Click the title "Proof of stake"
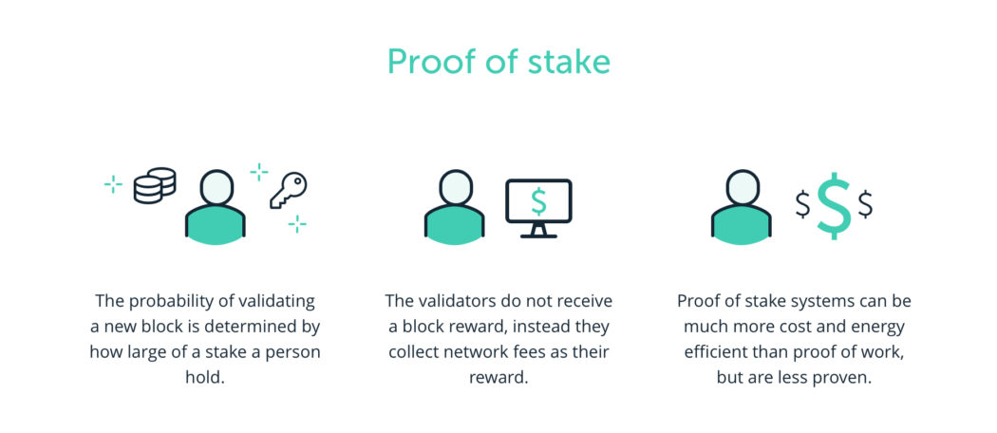[x=498, y=63]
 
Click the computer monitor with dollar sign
[x=538, y=203]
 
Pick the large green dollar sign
[x=834, y=204]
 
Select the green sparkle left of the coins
[x=113, y=184]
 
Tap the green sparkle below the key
[x=297, y=224]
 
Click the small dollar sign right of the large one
[x=865, y=203]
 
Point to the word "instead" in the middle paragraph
[x=545, y=327]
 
